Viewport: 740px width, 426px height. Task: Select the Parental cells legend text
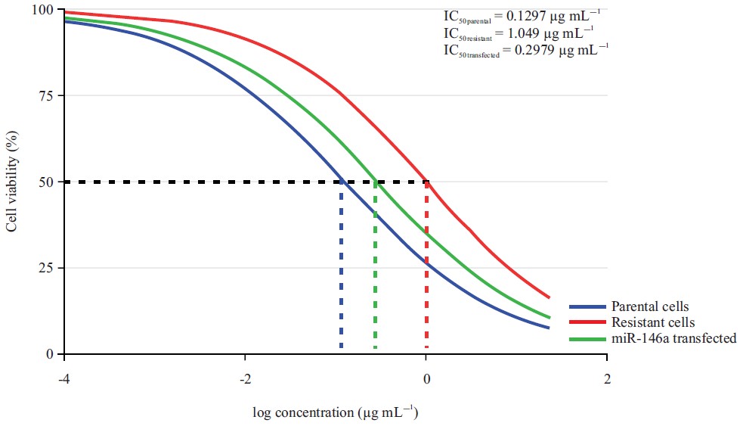(649, 306)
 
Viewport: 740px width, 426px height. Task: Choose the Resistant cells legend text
(652, 322)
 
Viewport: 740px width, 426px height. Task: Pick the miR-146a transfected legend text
(673, 338)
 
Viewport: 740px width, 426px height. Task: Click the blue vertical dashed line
(342, 265)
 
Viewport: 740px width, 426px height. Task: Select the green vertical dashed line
(375, 265)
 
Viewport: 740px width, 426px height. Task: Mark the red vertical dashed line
(426, 265)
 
